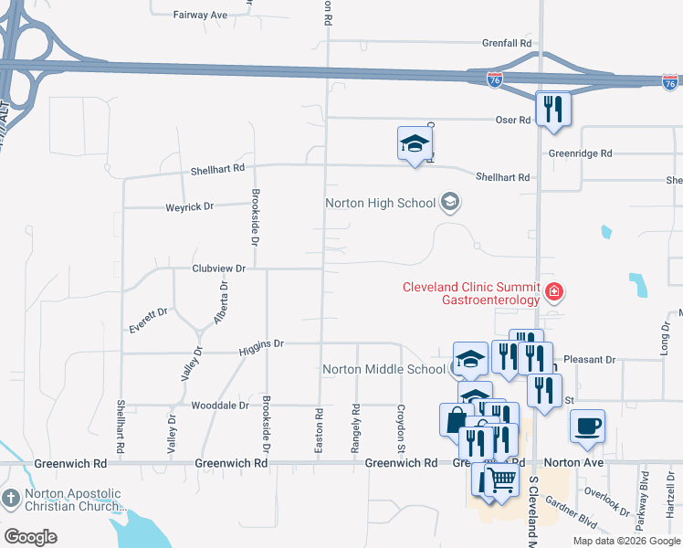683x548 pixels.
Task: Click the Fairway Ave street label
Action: [201, 16]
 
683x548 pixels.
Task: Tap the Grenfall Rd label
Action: [508, 43]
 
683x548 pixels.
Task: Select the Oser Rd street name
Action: [512, 120]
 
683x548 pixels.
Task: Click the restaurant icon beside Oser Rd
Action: [552, 110]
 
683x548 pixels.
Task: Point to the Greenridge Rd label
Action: [579, 153]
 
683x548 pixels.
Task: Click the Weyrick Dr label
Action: [189, 206]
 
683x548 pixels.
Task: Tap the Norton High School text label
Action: [381, 203]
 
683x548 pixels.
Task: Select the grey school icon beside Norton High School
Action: [449, 202]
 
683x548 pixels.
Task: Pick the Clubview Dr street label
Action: [219, 269]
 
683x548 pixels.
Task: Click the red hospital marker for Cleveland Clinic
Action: [552, 292]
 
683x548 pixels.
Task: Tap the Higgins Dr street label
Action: [262, 344]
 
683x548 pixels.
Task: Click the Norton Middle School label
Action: [384, 370]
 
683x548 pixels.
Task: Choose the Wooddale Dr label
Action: [219, 405]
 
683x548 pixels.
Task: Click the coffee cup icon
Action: [587, 425]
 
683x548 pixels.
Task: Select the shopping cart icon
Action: [501, 479]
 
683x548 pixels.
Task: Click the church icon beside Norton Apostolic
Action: [11, 499]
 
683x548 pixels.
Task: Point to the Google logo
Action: [31, 536]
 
